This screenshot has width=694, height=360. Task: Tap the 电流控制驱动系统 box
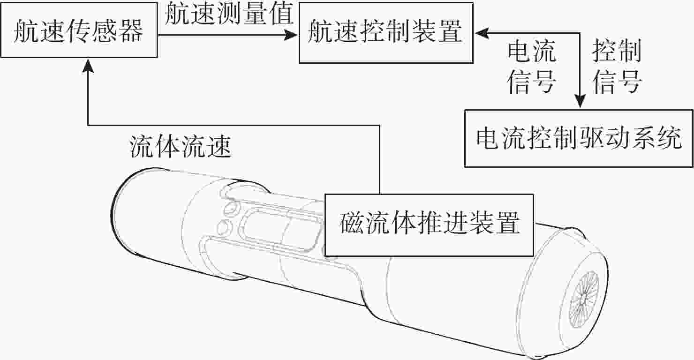579,138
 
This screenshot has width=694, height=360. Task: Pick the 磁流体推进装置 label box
429,224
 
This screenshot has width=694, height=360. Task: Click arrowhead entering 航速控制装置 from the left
293,34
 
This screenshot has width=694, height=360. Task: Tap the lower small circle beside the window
226,227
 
